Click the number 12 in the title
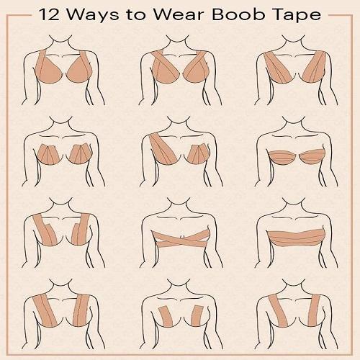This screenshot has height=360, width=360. [x=49, y=14]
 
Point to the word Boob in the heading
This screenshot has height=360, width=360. [x=239, y=14]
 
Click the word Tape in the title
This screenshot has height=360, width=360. [x=297, y=15]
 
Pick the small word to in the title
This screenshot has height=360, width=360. [x=136, y=15]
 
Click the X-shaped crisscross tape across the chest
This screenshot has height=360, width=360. [x=181, y=239]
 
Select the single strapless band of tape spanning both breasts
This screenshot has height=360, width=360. [x=296, y=238]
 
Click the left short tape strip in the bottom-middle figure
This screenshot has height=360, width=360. [x=166, y=315]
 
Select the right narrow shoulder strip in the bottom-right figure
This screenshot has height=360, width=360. [x=315, y=310]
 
